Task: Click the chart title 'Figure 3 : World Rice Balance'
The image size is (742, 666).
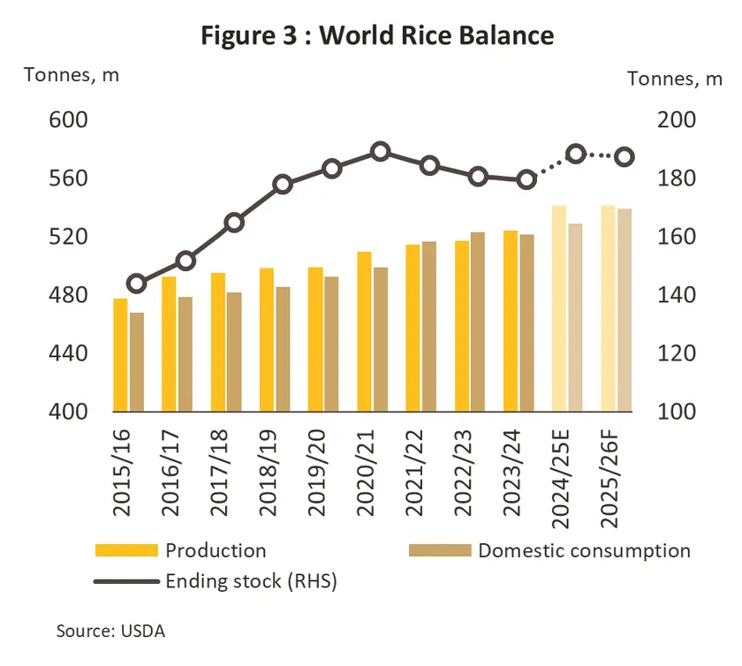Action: click(376, 35)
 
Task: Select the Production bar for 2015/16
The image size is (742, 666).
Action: click(120, 355)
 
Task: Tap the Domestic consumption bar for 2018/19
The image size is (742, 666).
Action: click(283, 350)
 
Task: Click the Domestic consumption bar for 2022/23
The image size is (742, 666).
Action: click(478, 322)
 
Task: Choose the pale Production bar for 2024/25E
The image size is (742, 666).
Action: click(558, 308)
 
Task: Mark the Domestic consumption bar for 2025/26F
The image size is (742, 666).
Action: click(625, 310)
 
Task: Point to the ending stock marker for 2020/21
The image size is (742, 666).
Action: click(381, 152)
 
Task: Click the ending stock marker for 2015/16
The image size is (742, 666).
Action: click(136, 284)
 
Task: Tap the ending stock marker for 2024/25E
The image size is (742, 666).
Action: click(576, 154)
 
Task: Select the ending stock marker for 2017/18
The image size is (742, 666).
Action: click(234, 223)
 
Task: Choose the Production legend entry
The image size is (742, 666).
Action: click(216, 551)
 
